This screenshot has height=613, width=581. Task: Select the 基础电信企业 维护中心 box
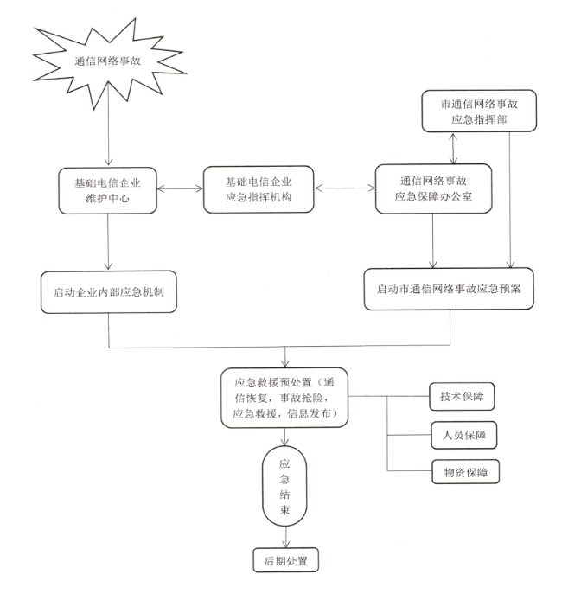[108, 189]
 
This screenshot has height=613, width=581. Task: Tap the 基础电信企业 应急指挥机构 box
[259, 189]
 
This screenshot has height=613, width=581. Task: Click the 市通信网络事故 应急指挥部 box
[482, 112]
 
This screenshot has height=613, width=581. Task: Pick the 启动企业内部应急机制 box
[108, 292]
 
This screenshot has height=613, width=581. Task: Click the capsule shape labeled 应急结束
[285, 488]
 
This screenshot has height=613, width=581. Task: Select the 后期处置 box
[286, 561]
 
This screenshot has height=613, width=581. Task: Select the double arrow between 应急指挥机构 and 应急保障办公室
[345, 187]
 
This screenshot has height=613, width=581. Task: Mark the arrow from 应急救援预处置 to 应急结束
[285, 439]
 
